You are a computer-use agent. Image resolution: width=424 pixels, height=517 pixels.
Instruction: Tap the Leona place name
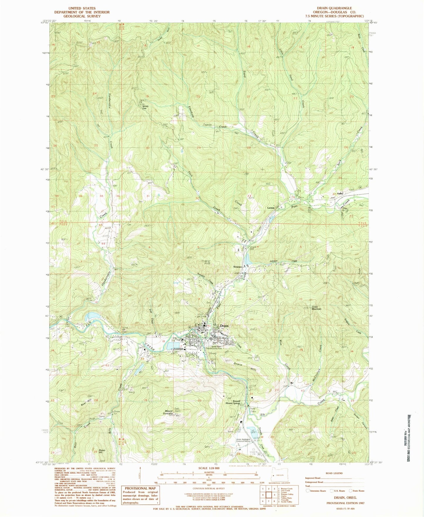271,208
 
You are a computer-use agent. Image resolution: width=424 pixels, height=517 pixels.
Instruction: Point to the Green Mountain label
316,308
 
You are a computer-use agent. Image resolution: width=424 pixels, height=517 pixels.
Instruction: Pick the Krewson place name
237,267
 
